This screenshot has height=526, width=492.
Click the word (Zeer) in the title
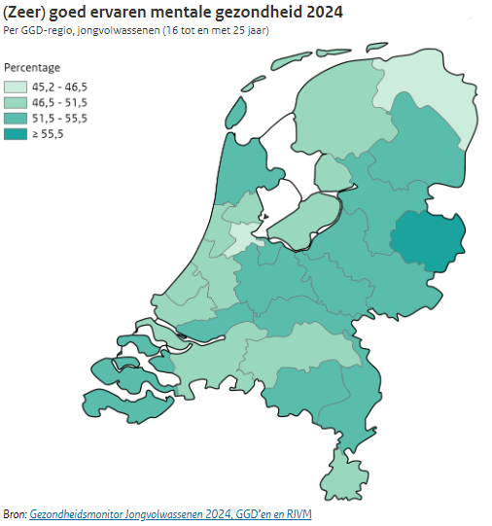click(x=26, y=13)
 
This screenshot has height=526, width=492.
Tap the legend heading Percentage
click(x=32, y=68)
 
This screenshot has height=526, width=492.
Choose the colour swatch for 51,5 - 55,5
click(x=15, y=119)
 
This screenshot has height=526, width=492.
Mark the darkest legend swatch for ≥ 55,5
click(x=15, y=134)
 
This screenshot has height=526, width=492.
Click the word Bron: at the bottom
click(x=15, y=513)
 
